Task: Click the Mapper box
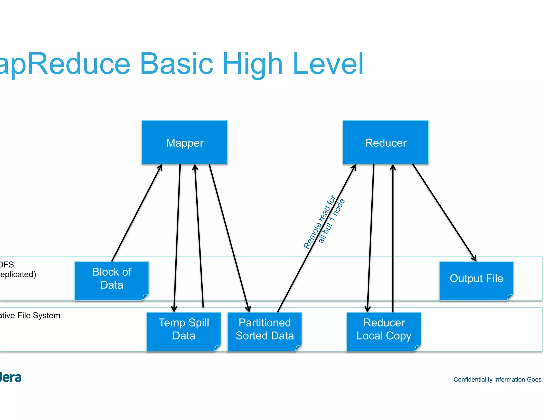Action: [185, 143]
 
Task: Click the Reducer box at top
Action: [385, 143]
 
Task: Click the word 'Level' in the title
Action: [328, 64]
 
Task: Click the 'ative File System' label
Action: [30, 315]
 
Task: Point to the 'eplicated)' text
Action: [18, 274]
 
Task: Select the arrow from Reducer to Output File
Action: [444, 212]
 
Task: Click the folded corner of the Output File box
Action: [510, 297]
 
